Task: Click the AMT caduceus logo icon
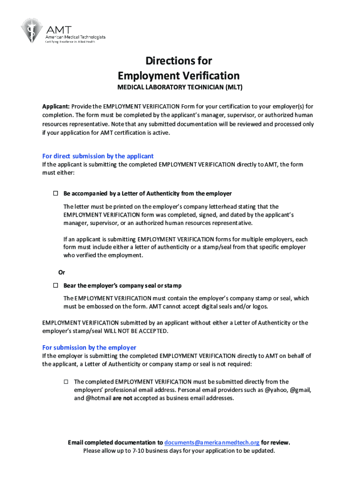pos(31,31)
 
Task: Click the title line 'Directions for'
pos(179,61)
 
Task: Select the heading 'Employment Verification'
pos(179,76)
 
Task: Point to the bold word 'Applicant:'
pos(56,106)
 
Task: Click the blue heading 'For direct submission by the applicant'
pos(98,156)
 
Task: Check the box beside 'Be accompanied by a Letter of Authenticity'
pos(55,193)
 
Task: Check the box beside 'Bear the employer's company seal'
pos(55,285)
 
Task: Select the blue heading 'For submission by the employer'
pos(89,348)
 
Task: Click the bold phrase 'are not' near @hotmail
pos(122,399)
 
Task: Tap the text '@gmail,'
pos(301,390)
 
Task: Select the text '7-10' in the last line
pos(137,451)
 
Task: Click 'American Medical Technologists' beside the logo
pos(75,37)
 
